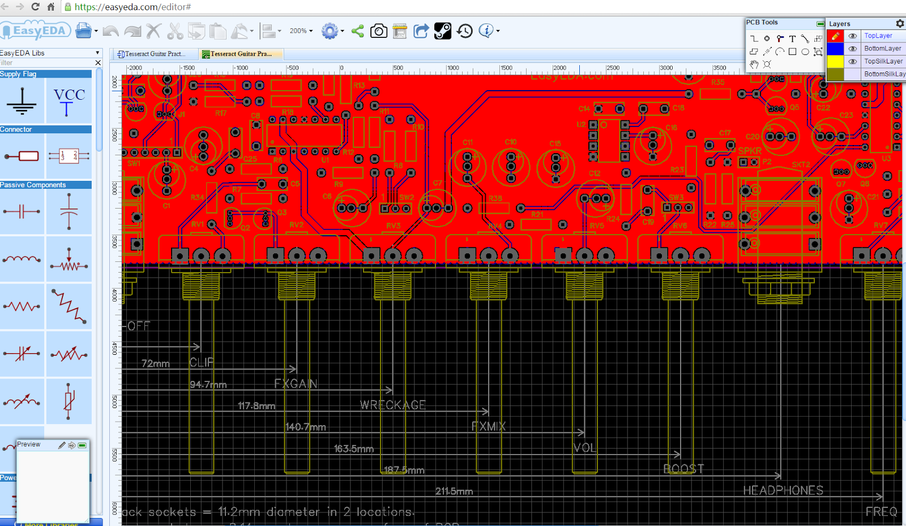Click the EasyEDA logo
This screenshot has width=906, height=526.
coord(36,31)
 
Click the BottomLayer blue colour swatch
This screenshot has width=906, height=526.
coord(835,49)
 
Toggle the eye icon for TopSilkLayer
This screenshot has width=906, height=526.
coord(852,61)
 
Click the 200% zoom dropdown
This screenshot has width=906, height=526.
coord(301,31)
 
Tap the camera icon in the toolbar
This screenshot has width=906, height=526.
coord(379,31)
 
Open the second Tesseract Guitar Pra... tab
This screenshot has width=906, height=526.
coord(241,54)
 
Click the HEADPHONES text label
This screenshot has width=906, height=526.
coord(783,490)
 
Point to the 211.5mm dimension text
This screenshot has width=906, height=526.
coord(454,491)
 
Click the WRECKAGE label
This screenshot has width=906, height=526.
coord(392,405)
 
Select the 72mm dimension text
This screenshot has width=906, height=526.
coord(155,364)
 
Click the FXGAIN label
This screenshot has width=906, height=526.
coord(296,384)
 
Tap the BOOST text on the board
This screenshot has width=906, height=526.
coord(683,469)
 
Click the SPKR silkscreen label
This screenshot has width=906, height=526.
coord(750,151)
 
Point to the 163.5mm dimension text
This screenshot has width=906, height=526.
coord(353,449)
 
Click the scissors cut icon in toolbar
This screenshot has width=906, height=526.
coord(175,31)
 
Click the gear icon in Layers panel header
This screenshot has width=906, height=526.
coord(900,24)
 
